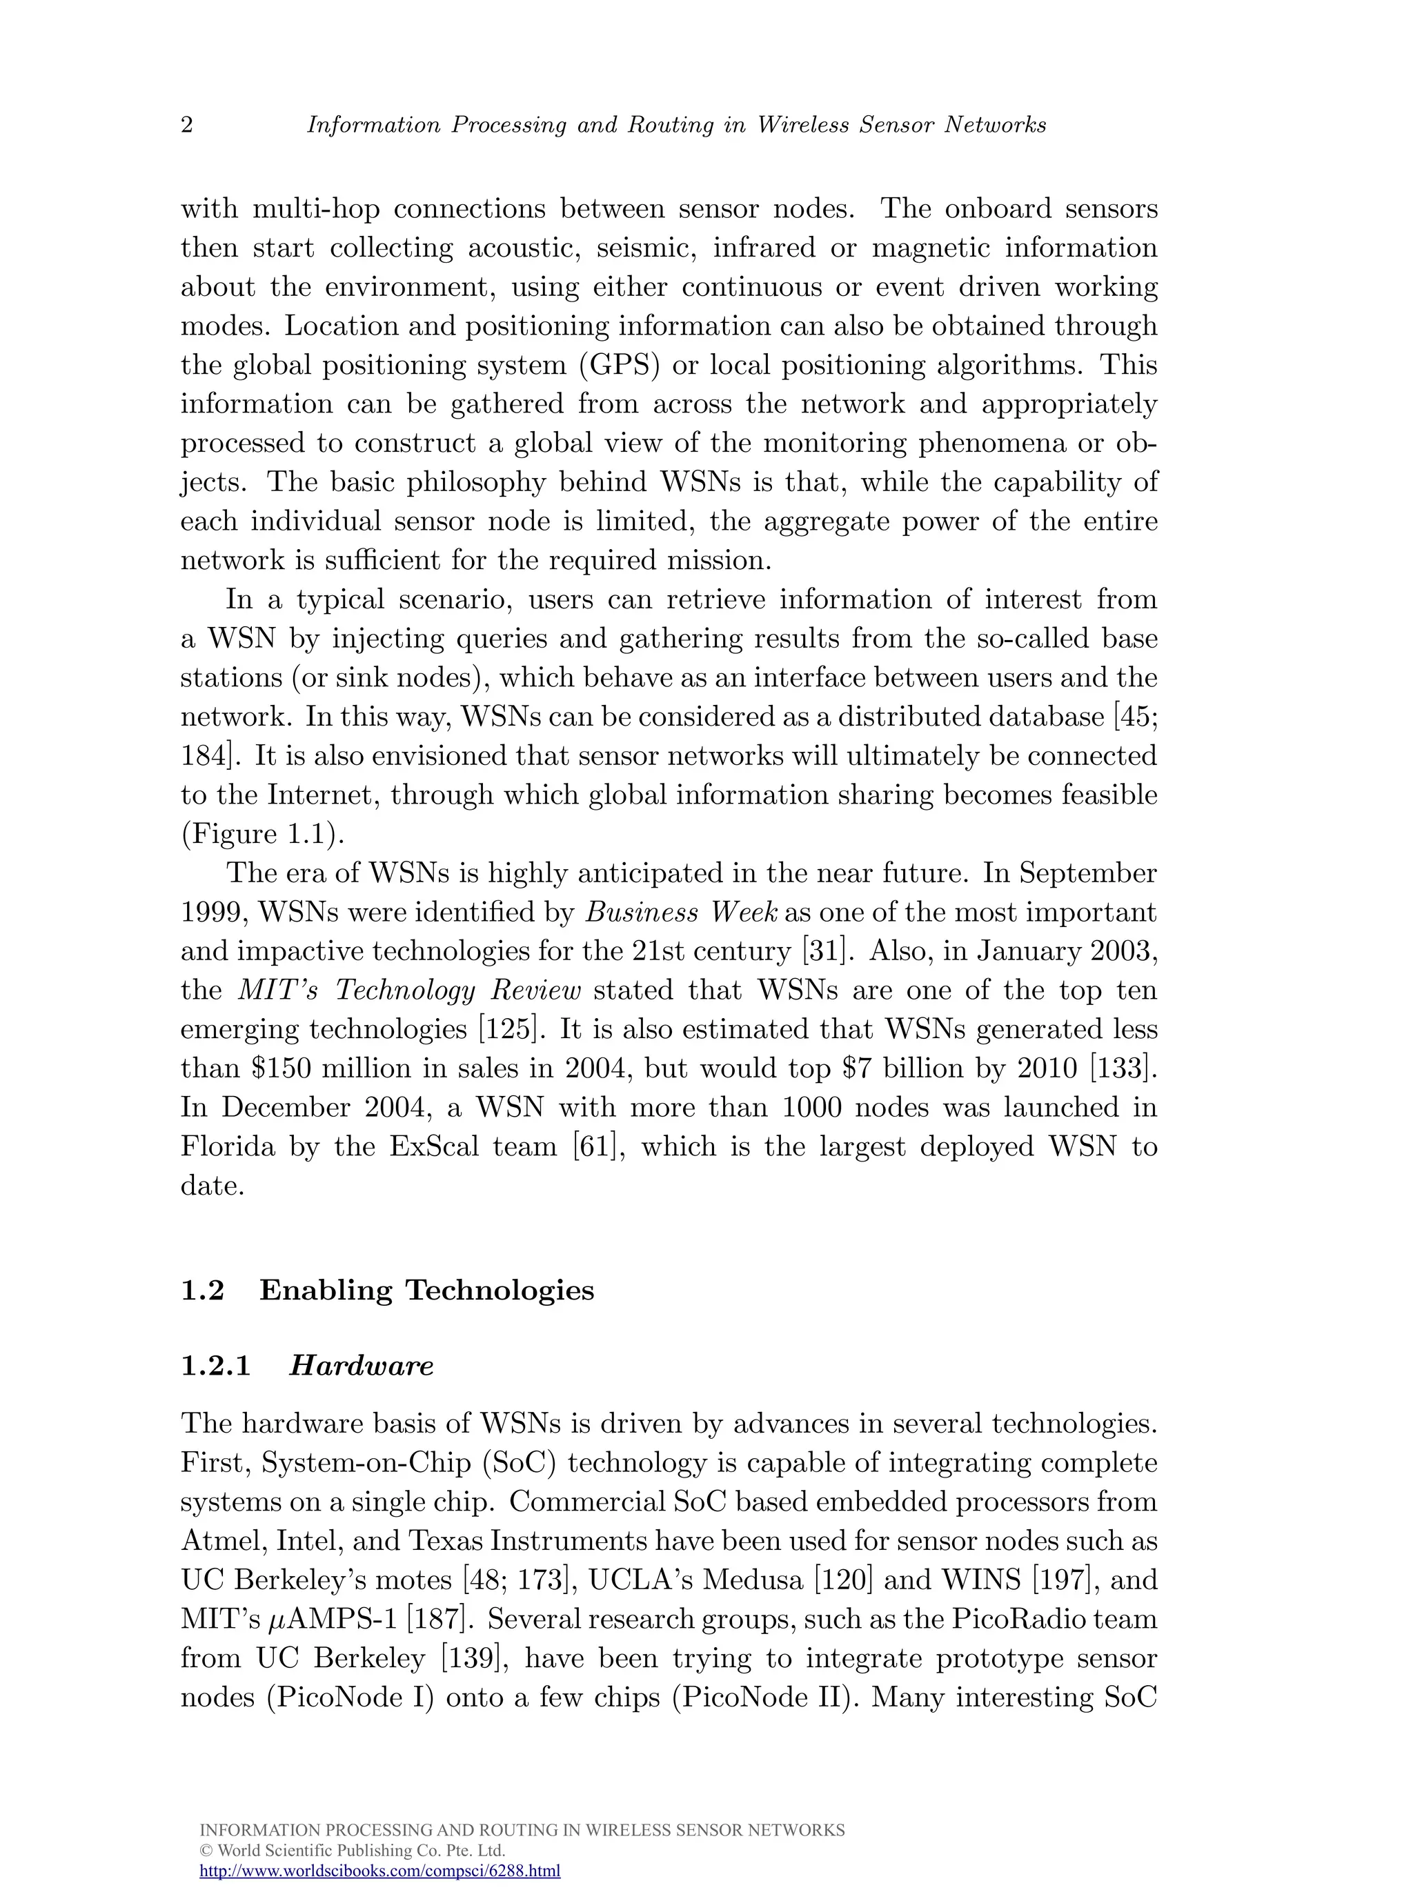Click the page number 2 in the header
pyautogui.click(x=186, y=126)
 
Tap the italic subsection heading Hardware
pyautogui.click(x=361, y=1366)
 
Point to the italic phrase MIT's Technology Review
pyautogui.click(x=409, y=991)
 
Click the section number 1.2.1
pyautogui.click(x=215, y=1366)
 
